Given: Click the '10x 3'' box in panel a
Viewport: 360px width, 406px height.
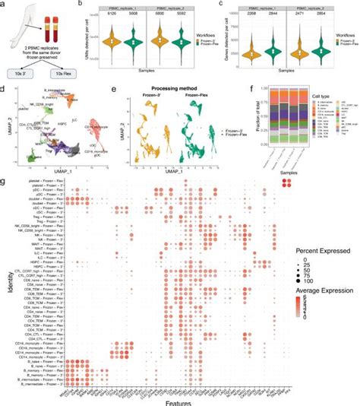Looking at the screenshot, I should pos(22,73).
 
